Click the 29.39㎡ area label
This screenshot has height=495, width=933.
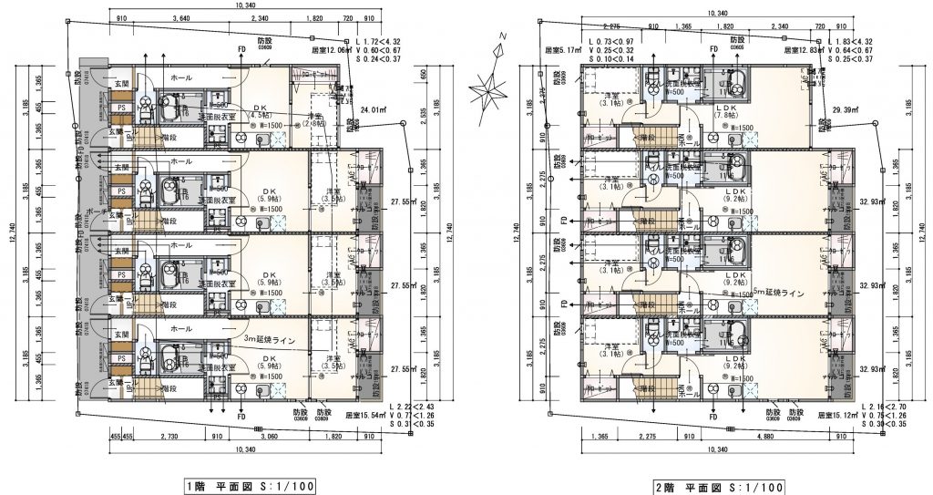click(x=846, y=109)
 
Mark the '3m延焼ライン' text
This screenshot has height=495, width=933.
click(x=277, y=339)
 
